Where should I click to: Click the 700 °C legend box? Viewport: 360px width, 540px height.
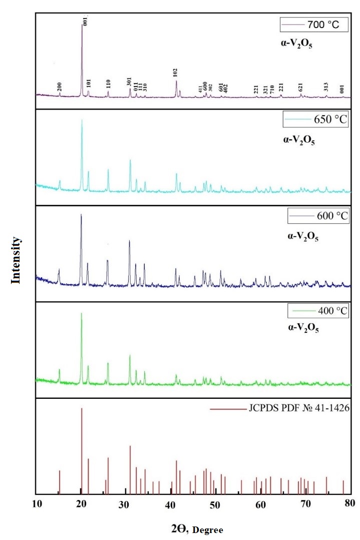click(x=312, y=24)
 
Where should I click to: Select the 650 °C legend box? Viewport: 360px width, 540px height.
click(x=315, y=121)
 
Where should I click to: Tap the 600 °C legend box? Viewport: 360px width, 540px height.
click(x=317, y=216)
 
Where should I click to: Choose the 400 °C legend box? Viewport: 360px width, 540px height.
click(x=317, y=311)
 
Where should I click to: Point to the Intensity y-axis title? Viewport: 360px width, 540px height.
click(x=17, y=260)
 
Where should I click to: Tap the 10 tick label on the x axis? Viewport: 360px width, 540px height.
click(x=36, y=504)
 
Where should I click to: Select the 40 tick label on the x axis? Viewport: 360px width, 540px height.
click(x=171, y=504)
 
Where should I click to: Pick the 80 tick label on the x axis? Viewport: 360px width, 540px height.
click(x=350, y=504)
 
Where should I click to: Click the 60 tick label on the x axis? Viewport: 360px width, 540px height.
click(x=260, y=504)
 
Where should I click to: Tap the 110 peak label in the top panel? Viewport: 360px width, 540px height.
click(x=108, y=84)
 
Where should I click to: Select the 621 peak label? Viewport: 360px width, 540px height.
click(x=300, y=87)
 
